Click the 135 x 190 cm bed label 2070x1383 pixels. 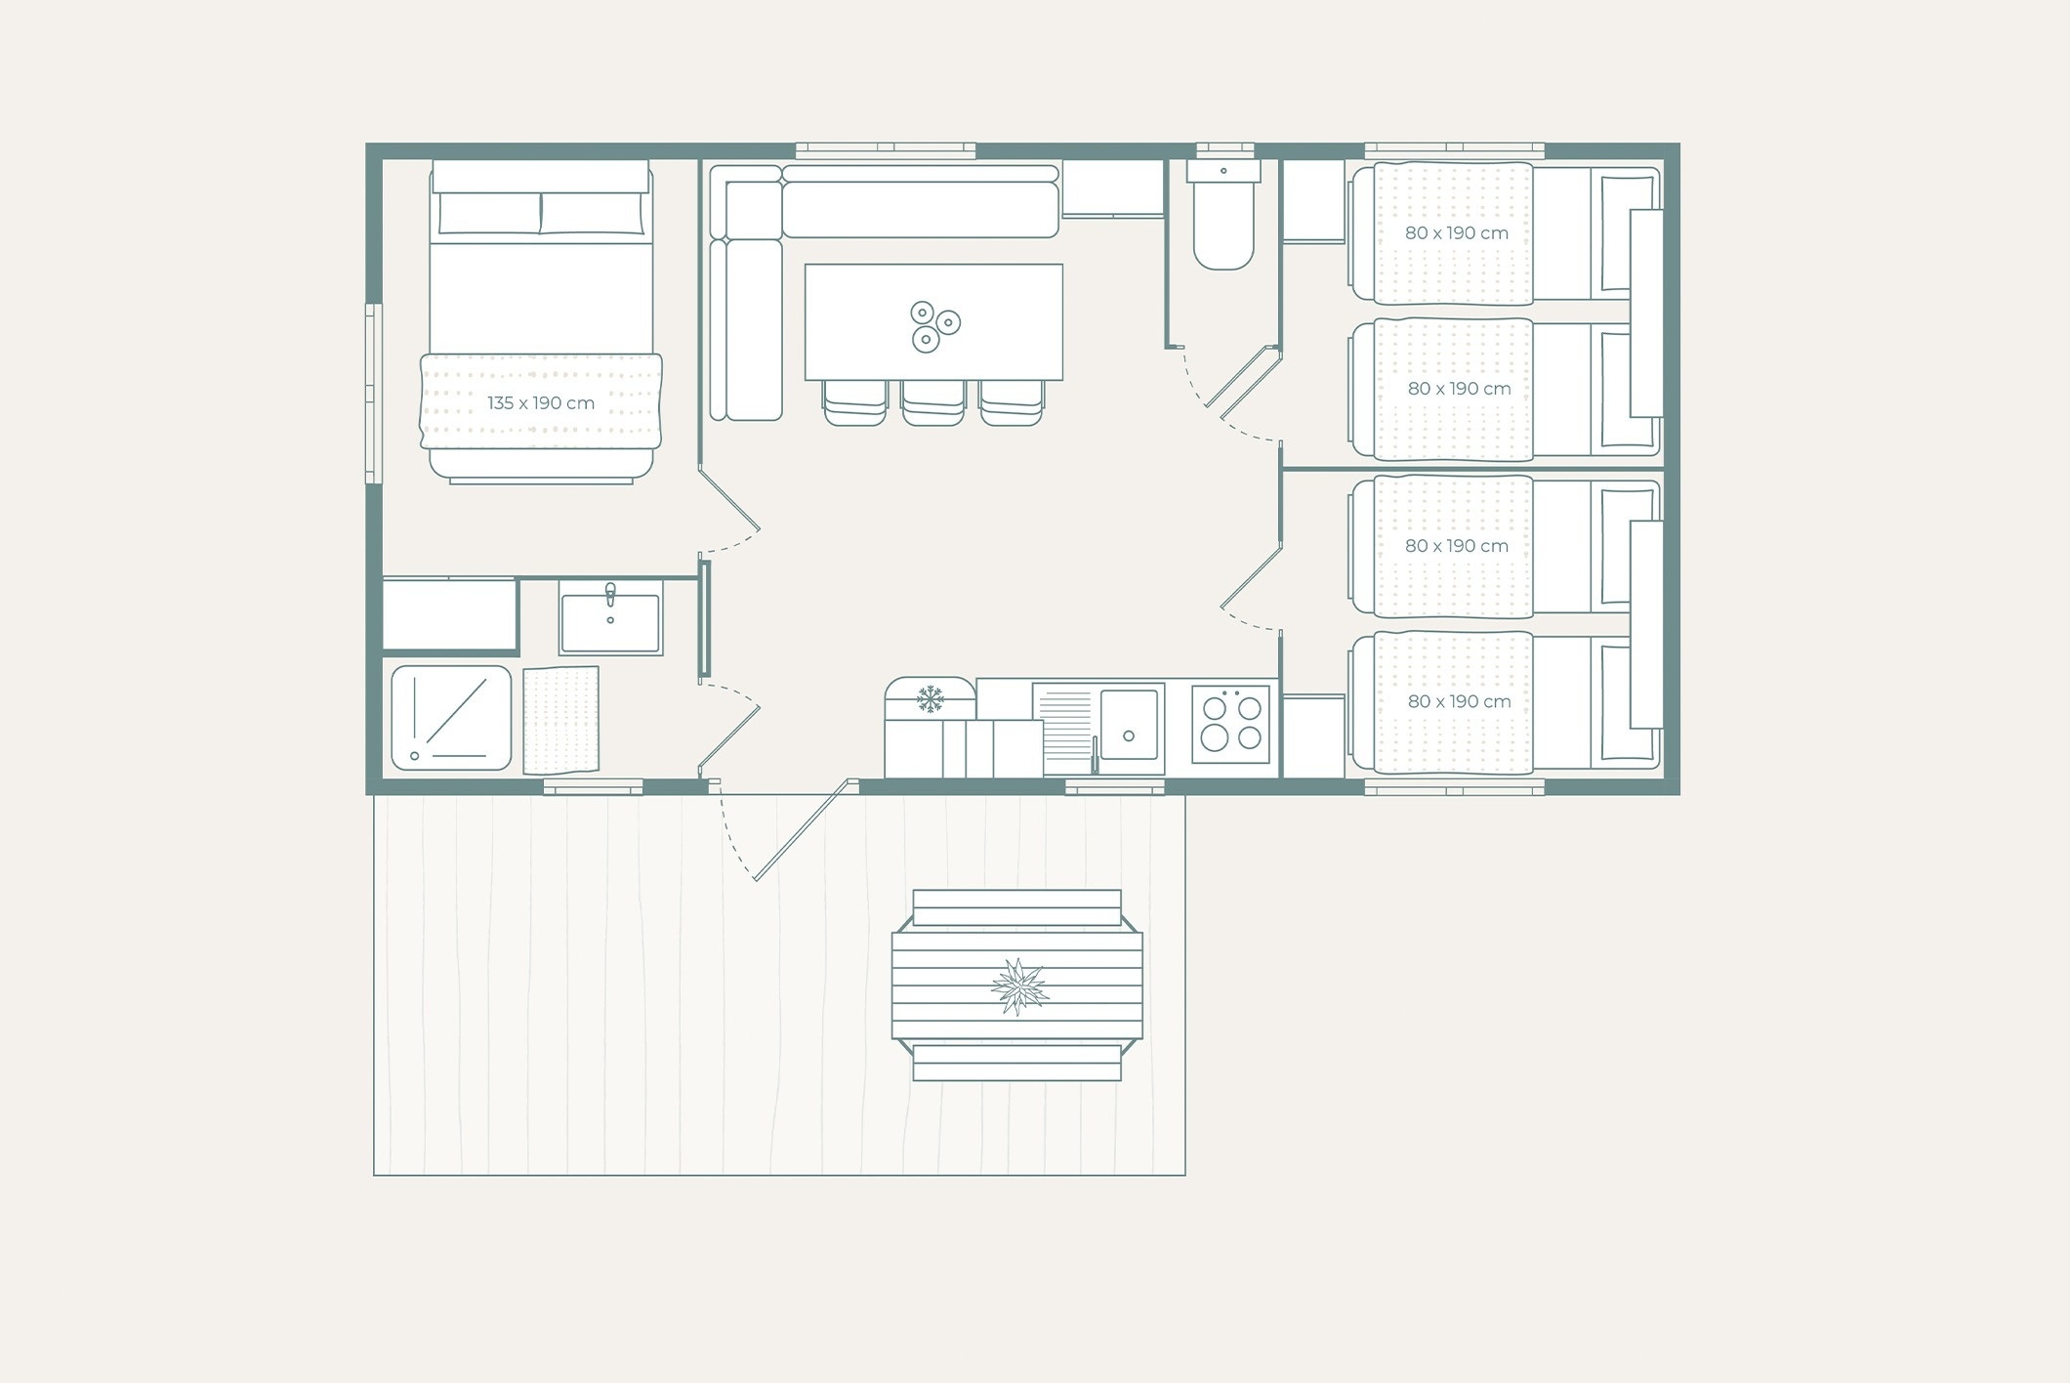click(541, 402)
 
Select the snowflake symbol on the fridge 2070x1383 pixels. click(931, 698)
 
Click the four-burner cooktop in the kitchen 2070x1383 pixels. click(1230, 724)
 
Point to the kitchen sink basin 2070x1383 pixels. click(1129, 724)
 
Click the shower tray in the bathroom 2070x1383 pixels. click(451, 718)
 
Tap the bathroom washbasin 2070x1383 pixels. click(610, 617)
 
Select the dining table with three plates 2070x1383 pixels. click(933, 321)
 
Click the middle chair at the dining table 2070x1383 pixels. click(933, 402)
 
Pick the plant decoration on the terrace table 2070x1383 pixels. click(1018, 986)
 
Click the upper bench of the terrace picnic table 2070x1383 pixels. click(1016, 907)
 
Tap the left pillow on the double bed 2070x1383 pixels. click(489, 213)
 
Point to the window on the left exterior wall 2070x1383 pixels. click(373, 394)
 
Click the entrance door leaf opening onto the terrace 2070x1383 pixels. click(803, 830)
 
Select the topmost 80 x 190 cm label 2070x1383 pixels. click(1457, 233)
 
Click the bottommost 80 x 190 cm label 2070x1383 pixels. click(1459, 701)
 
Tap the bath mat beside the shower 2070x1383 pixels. click(560, 720)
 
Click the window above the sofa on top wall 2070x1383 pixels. click(886, 150)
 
